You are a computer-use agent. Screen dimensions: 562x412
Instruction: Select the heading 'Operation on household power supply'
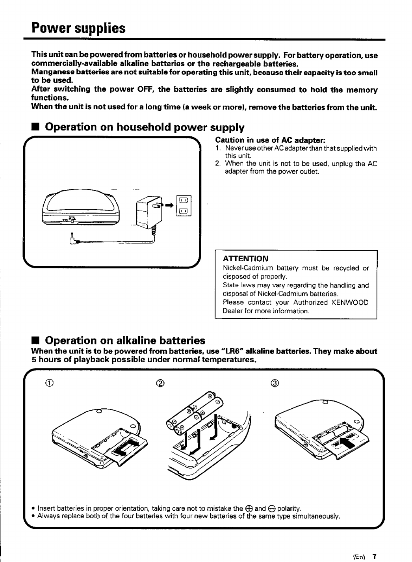[145, 127]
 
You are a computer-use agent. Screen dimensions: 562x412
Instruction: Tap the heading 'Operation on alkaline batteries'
[125, 340]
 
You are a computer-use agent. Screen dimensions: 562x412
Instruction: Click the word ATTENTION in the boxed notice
[245, 259]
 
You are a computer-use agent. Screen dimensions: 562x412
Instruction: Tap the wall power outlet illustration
[184, 206]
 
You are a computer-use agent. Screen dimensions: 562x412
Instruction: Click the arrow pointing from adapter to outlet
[169, 205]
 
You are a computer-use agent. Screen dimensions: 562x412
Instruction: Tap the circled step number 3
[275, 383]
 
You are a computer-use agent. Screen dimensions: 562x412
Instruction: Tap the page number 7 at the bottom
[375, 557]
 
